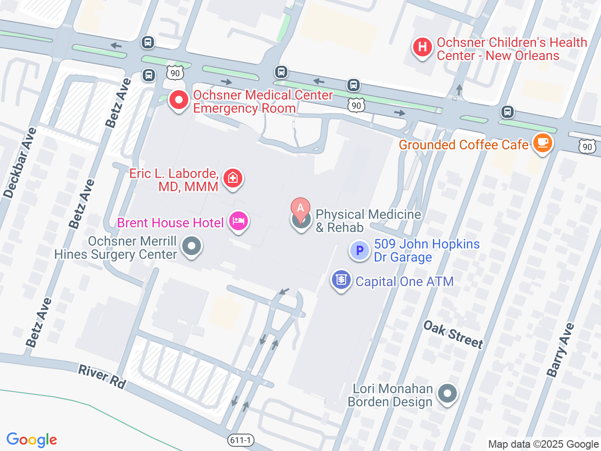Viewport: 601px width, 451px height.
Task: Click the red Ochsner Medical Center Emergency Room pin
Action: (178, 100)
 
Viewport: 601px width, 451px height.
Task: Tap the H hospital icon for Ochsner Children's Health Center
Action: (422, 47)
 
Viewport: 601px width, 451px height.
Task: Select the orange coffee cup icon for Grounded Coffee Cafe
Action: (542, 142)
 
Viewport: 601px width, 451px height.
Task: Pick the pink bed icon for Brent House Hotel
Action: (239, 221)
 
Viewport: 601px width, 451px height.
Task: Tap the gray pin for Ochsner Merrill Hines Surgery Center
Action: (191, 246)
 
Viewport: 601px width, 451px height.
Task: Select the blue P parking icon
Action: (360, 251)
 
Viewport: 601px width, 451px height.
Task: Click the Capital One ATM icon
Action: (341, 280)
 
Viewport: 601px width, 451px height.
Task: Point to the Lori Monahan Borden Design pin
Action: (447, 394)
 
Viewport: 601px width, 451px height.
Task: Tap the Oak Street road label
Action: (453, 334)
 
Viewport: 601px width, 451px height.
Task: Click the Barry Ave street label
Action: (560, 350)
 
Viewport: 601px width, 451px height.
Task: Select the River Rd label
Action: (102, 377)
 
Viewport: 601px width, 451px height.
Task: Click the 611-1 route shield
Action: (241, 440)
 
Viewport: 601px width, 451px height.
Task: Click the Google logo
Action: (32, 440)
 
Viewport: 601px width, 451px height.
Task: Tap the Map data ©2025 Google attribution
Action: (543, 444)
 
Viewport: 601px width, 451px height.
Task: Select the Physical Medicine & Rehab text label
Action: (368, 221)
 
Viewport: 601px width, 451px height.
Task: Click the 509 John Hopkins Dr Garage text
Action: (426, 250)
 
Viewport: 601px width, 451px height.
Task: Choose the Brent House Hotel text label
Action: (170, 223)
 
